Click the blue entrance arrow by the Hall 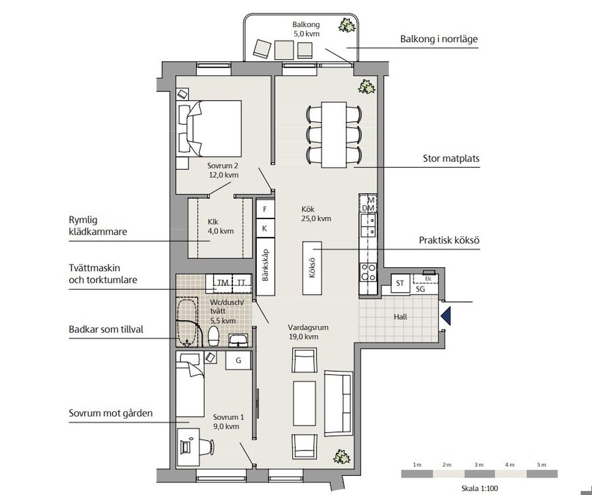[446, 316]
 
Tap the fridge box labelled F [265, 209]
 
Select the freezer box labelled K [265, 228]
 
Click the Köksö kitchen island [312, 268]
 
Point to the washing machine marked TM [223, 283]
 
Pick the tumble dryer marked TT [242, 283]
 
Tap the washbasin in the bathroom [238, 340]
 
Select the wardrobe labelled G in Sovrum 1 [238, 360]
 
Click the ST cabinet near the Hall [400, 283]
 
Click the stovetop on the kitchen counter [368, 272]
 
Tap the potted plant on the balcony [347, 25]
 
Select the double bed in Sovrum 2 [209, 128]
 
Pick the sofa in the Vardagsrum [339, 404]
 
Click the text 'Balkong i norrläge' [439, 39]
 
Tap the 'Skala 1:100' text [479, 488]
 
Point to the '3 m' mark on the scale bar [479, 465]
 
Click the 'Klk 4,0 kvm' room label [220, 226]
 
